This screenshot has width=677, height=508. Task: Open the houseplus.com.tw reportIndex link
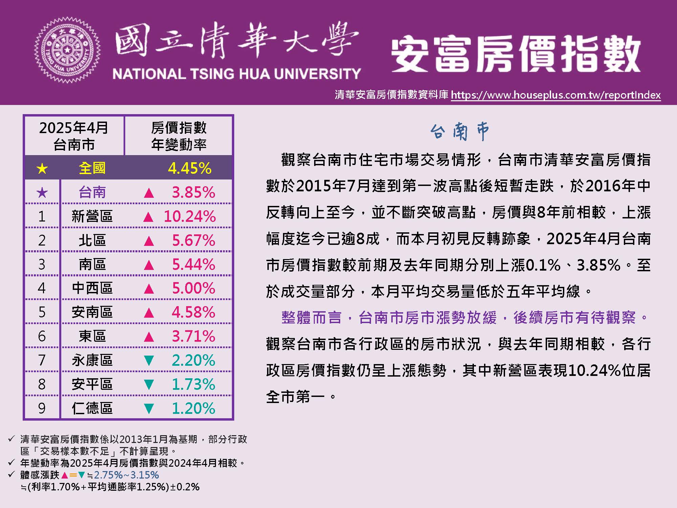point(555,95)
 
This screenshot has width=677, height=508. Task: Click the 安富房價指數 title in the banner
point(516,54)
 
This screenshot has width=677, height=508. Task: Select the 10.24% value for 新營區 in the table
point(190,216)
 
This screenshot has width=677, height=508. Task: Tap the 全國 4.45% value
point(190,168)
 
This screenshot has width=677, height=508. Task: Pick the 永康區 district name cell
point(92,360)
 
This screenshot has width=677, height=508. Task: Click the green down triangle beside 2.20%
point(149,360)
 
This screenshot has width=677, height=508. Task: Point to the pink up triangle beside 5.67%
point(149,241)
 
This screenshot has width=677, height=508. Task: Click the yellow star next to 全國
point(42,168)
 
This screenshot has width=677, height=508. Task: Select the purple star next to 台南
point(42,193)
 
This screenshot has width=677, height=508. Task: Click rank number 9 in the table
point(42,408)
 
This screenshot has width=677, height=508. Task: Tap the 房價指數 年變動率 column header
point(179,136)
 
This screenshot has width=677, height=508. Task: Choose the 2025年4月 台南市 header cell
point(74,136)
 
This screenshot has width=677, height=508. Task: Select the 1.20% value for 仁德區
point(193,408)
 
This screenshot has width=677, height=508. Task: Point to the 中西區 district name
point(92,288)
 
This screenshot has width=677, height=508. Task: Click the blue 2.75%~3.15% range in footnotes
point(126,475)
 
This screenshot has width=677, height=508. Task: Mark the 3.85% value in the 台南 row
point(193,193)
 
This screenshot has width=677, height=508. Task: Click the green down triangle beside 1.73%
point(149,384)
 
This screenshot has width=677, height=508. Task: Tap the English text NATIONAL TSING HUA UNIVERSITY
point(237,74)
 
